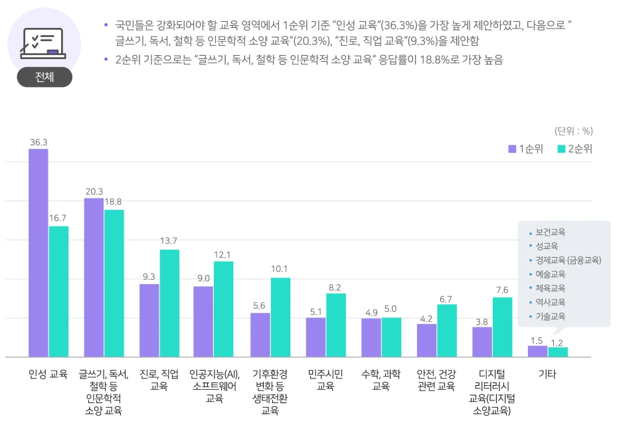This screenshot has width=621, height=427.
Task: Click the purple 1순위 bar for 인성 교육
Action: pos(38,252)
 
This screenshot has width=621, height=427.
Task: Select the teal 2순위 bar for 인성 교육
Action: pos(58,292)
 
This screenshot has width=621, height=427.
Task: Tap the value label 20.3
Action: pos(94,191)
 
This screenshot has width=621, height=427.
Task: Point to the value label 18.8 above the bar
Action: pos(114,201)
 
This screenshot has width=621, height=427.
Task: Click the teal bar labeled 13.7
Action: pos(169,303)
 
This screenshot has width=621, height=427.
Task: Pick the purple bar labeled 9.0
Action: pos(203,321)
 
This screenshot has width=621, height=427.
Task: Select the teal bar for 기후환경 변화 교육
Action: pos(280,317)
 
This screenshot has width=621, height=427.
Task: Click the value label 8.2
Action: pos(335,288)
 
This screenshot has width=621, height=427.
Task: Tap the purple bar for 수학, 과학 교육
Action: pos(371,337)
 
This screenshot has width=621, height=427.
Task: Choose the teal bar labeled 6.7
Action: pos(446,330)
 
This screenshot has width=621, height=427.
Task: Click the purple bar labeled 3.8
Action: pos(482,341)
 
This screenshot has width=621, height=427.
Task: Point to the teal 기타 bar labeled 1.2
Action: pos(558,352)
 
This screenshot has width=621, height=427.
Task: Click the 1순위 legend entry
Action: pos(526,149)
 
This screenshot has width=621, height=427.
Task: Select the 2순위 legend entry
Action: pos(575,149)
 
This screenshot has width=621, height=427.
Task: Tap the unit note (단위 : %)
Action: pos(573,131)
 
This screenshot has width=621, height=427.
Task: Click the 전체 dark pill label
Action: pos(44,77)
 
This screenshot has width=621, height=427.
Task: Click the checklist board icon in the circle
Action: pos(43,43)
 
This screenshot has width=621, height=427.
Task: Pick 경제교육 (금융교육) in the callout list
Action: pos(568,260)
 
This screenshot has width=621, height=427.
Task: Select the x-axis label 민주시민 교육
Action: pos(325,380)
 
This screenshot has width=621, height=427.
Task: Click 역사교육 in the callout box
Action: pos(550,302)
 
